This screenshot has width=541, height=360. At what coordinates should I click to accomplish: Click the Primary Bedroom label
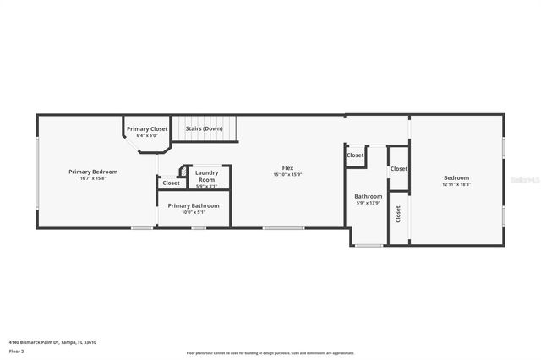point(93,172)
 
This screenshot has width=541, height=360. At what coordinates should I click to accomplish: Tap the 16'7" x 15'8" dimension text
point(93,178)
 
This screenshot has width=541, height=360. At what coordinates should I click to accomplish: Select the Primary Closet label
point(147,128)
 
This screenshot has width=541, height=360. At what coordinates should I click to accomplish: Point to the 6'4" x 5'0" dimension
point(147,135)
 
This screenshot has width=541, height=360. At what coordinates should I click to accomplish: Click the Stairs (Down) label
point(204,128)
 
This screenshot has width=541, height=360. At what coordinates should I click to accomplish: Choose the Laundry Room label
point(207,176)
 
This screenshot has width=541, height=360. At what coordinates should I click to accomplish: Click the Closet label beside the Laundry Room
point(171,183)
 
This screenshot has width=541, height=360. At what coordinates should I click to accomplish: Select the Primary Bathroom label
point(194,205)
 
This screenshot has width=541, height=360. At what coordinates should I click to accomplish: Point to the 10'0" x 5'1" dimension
point(194,212)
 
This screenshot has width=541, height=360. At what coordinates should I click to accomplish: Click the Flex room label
point(287,167)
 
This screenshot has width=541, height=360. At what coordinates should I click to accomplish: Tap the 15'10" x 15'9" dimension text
point(287,174)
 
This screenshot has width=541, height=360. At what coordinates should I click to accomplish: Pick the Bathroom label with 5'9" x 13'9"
point(368,196)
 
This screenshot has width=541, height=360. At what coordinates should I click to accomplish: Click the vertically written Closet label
point(398,214)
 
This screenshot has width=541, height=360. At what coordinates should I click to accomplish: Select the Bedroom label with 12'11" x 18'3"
point(456,177)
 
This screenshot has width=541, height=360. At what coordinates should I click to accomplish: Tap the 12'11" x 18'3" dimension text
point(456,184)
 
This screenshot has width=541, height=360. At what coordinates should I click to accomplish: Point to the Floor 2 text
point(17,350)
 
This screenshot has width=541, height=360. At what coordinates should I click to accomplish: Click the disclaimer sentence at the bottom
point(270,353)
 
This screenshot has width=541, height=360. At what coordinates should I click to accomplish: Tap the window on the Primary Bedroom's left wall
point(36,169)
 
